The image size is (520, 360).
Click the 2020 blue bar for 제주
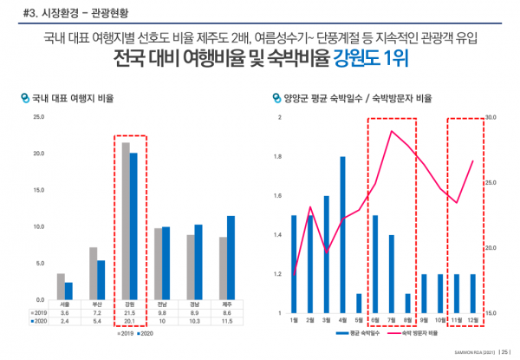tap(231, 258)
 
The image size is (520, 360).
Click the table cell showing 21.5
tap(129, 311)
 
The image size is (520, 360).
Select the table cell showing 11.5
tap(226, 321)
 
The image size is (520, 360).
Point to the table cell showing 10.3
tap(194, 321)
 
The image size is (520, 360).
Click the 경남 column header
tap(194, 304)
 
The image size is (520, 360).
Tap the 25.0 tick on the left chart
tap(39, 117)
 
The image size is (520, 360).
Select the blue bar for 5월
tap(359, 303)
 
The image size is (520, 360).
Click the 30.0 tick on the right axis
tap(490, 117)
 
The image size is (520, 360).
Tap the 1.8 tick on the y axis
tap(278, 157)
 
